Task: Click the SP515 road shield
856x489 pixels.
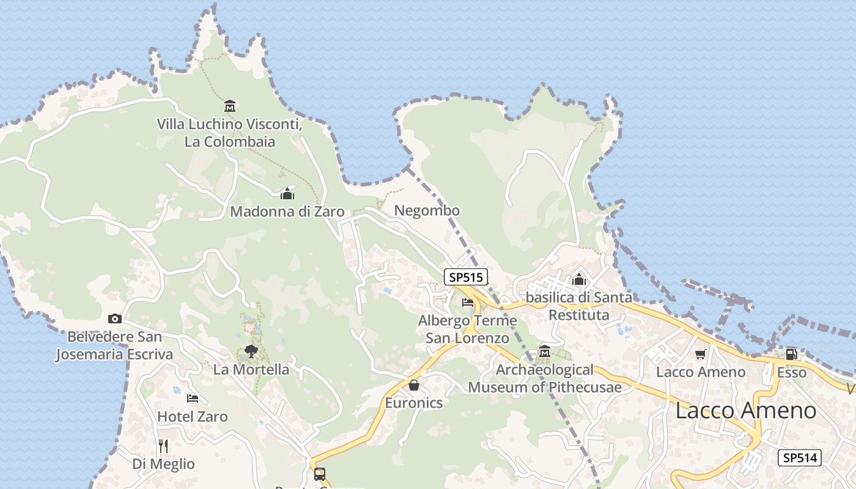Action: click(x=466, y=277)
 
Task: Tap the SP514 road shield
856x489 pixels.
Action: click(x=799, y=457)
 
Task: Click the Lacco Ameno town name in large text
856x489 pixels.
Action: click(x=745, y=410)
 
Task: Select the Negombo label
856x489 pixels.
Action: click(x=427, y=211)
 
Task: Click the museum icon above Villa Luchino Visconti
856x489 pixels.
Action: click(x=230, y=106)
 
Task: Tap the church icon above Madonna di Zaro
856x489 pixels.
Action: click(x=287, y=194)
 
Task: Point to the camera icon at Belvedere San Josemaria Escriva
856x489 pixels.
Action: click(x=115, y=318)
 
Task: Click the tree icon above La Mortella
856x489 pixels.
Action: click(x=251, y=351)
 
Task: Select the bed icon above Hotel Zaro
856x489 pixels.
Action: click(x=193, y=399)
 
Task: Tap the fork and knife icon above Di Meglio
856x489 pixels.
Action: click(x=163, y=446)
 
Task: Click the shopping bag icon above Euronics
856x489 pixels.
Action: click(x=414, y=384)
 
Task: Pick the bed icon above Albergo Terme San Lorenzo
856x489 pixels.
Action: click(x=468, y=302)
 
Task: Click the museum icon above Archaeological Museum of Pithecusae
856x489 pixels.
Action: click(x=545, y=351)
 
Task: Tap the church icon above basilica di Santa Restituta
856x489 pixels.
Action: click(x=579, y=280)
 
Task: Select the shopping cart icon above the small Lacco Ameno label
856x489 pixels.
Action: click(x=701, y=354)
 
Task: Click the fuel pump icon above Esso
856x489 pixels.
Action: click(x=791, y=354)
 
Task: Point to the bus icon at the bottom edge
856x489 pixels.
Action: click(x=319, y=474)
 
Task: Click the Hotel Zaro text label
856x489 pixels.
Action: click(x=193, y=417)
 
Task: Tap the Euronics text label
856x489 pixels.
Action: click(x=414, y=403)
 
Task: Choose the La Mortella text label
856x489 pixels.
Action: click(x=251, y=369)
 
